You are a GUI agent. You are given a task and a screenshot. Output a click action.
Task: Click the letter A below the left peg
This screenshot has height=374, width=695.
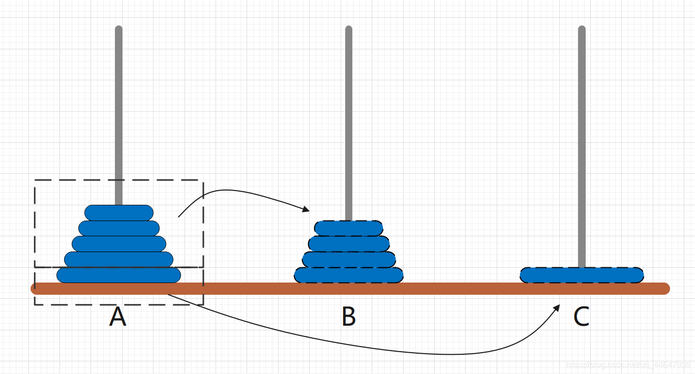coord(117,318)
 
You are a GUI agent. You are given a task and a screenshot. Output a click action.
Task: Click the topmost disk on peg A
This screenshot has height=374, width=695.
coord(119,212)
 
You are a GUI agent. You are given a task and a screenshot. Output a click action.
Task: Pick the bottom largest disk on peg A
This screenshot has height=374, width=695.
coord(119,275)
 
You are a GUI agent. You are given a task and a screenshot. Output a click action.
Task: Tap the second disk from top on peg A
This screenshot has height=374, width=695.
coord(119,228)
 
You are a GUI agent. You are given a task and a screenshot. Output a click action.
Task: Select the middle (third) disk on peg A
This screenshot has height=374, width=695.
coord(119,243)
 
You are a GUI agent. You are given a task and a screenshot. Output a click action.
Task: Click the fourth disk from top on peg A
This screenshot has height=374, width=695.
coord(119,259)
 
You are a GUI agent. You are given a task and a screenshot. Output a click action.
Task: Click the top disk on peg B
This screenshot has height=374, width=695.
coord(349,228)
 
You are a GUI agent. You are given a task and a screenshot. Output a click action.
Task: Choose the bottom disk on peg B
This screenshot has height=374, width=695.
coord(349,275)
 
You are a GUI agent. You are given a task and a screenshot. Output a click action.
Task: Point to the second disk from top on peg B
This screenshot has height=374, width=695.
coord(349,243)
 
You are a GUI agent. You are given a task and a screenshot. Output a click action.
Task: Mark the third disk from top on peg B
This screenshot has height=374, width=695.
coord(349,259)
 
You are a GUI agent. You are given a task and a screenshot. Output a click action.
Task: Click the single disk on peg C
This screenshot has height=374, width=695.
coord(582,275)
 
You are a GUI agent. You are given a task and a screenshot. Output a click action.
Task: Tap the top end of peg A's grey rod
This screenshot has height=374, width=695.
coord(119,29)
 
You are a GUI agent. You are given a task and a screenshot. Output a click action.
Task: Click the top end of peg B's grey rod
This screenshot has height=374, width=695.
coord(349,29)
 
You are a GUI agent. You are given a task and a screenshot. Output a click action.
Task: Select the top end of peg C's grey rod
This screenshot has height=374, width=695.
coord(582,29)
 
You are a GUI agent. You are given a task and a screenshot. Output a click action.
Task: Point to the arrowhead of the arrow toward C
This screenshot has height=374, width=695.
coord(557,308)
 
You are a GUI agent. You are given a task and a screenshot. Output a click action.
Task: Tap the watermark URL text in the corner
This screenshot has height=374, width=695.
coord(628,365)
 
